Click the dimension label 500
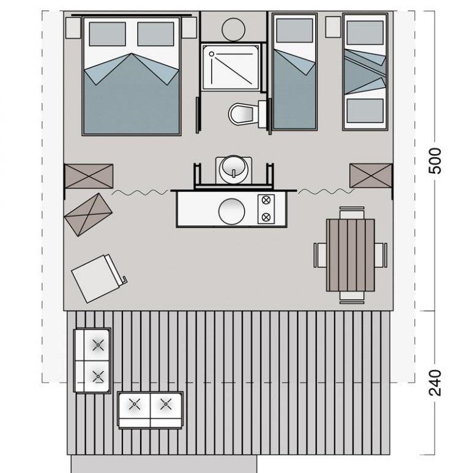coord(434,161)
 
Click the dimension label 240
coord(434,382)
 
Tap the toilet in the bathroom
coord(247,114)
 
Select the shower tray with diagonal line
coord(231,67)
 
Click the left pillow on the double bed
coord(108,34)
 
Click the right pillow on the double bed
coord(155,34)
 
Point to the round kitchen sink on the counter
coord(232,212)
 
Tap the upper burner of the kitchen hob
coord(266,200)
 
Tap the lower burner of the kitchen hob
coord(266,217)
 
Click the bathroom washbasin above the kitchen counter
coord(234,170)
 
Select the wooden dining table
coord(350,255)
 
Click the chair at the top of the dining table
coord(352,213)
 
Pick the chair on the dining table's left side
coord(320,255)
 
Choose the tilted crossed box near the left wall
coord(88,215)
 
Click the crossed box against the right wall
coord(371,176)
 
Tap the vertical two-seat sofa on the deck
coord(92,360)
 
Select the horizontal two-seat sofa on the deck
coord(150,410)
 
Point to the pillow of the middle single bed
coord(294,31)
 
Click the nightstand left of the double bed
coord(73,28)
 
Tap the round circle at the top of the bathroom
coord(233,29)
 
